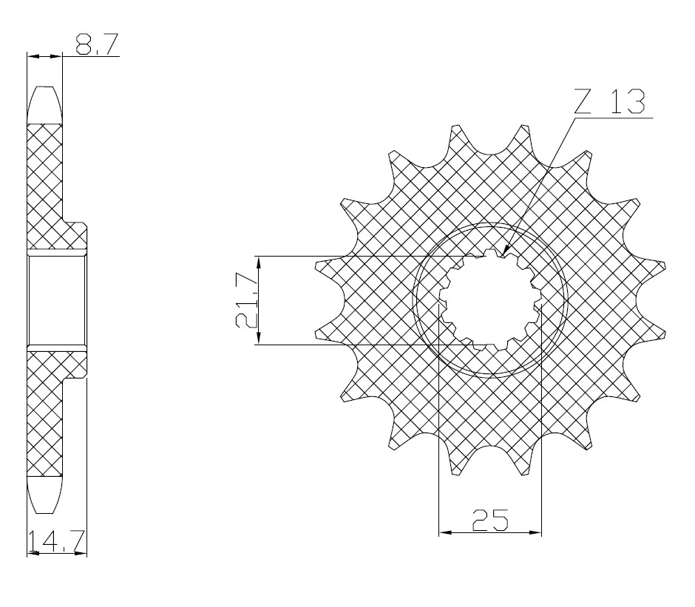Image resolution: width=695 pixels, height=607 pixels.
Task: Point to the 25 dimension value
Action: click(489, 520)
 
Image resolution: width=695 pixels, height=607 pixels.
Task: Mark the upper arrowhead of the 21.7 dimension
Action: click(259, 262)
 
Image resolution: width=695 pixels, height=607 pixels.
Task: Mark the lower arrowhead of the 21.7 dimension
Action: click(259, 339)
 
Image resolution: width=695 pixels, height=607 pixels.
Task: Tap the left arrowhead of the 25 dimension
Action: click(445, 532)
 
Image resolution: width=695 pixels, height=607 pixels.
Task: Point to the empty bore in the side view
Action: click(57, 300)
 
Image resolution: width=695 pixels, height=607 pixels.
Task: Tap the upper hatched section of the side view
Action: click(46, 185)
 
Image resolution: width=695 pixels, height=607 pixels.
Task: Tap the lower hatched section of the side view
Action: click(46, 414)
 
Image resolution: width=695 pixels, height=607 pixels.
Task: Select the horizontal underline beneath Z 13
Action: click(612, 117)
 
